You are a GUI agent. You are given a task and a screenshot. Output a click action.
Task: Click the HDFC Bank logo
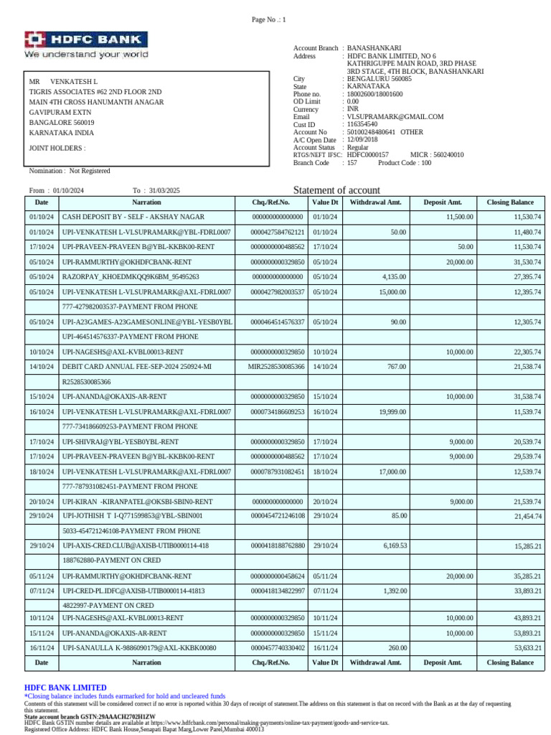click(86, 45)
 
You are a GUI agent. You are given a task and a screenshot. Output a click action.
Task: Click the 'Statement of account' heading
click(336, 190)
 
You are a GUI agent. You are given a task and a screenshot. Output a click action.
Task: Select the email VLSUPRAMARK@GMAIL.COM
click(395, 116)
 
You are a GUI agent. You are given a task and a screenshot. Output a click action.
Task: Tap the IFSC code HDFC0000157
click(367, 154)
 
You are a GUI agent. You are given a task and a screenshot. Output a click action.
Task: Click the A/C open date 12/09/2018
click(362, 140)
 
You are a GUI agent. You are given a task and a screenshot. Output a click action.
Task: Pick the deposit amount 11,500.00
click(459, 217)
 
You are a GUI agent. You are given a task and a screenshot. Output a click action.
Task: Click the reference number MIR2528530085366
click(277, 367)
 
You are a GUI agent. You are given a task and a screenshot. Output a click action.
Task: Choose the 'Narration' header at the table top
click(146, 202)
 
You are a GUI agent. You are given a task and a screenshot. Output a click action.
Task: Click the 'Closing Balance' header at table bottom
click(510, 663)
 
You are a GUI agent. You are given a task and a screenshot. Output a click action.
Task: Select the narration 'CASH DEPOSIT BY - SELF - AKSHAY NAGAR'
click(133, 217)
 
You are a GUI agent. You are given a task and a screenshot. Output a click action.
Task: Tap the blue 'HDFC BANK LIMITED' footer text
click(65, 688)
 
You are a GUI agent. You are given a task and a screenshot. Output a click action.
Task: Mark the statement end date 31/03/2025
click(165, 190)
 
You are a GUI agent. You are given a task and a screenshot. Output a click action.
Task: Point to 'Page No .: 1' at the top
click(268, 19)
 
